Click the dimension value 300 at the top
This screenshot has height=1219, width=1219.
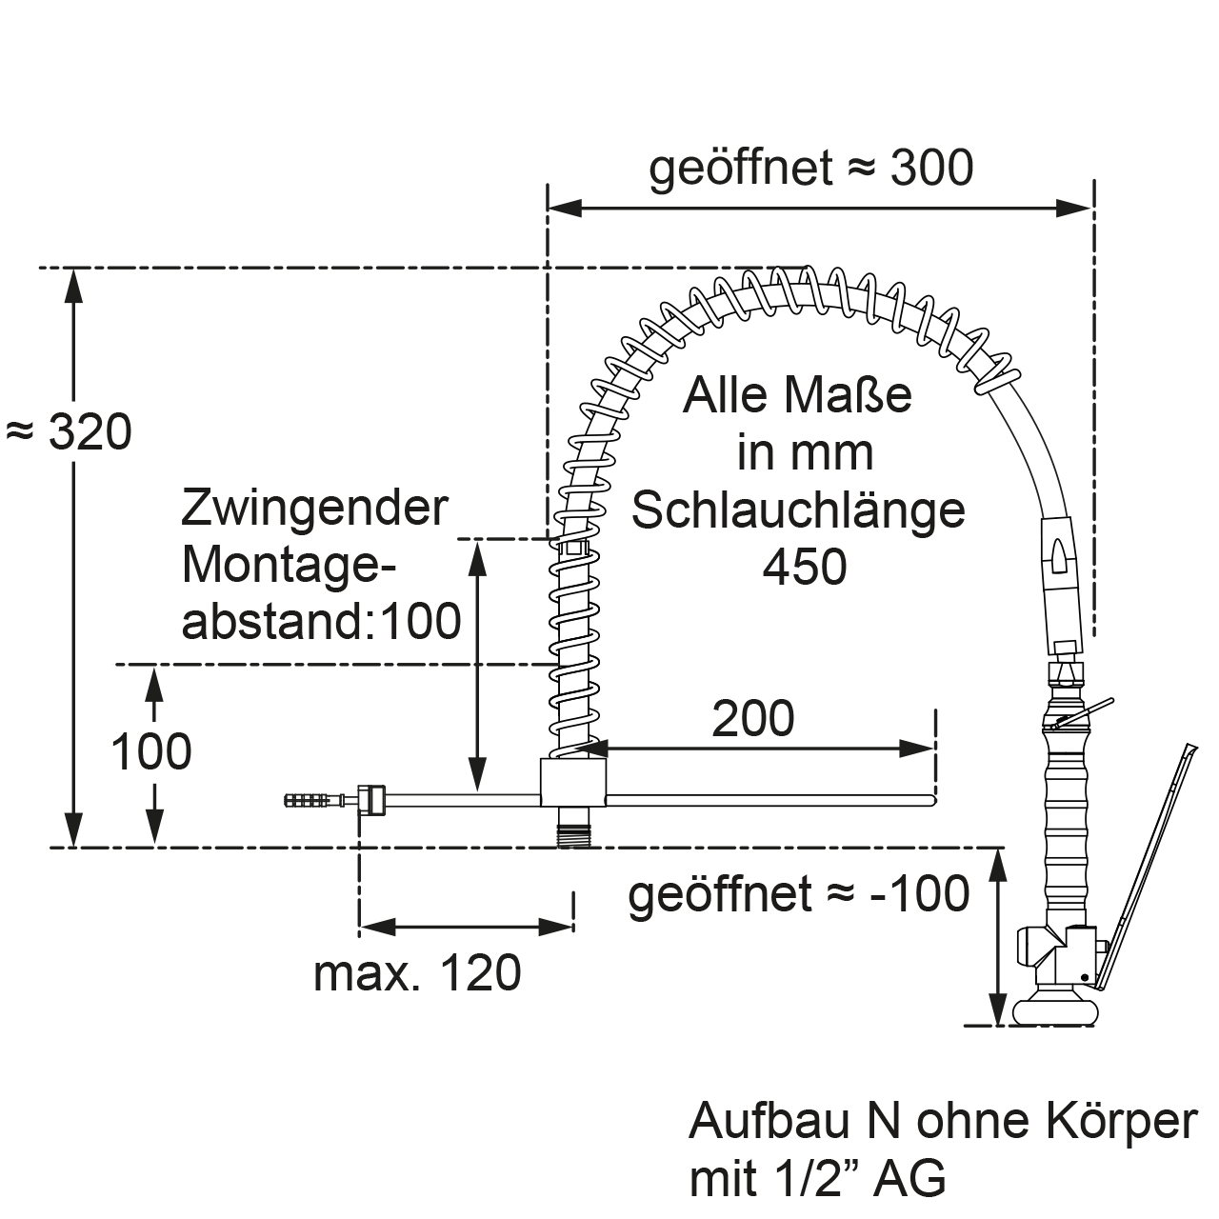click(931, 169)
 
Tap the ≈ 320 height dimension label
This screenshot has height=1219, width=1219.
click(69, 432)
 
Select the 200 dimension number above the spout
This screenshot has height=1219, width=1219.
click(752, 719)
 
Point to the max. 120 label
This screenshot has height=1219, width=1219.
click(417, 973)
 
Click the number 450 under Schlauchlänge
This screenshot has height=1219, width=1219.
click(805, 567)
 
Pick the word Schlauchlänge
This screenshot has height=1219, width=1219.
click(798, 510)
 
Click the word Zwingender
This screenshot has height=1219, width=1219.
click(314, 508)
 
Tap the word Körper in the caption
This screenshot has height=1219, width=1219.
click(1122, 1122)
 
